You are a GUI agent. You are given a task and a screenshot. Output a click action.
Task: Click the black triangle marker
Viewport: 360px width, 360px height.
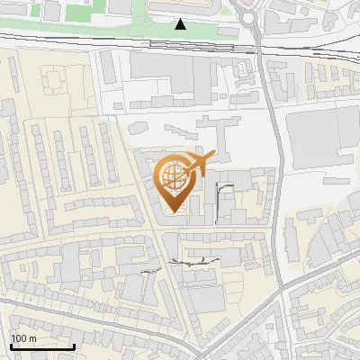[181, 24]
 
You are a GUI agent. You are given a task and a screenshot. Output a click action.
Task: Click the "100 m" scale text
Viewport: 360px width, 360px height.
[23, 338]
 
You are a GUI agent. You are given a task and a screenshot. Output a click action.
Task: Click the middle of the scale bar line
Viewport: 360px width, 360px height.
[42, 346]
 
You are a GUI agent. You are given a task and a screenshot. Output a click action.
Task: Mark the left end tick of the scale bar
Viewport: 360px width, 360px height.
[11, 346]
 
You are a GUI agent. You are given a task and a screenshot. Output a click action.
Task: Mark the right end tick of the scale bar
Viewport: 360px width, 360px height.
[74, 346]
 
